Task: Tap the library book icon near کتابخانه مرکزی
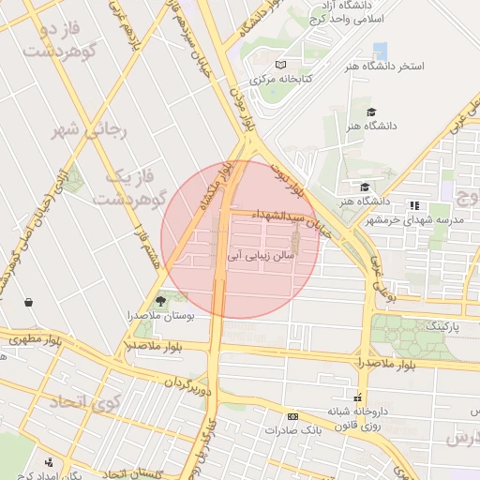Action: pos(280,65)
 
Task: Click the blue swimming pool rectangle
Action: pos(380,51)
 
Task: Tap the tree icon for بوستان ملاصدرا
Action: pos(160,301)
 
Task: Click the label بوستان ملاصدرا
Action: pos(161,317)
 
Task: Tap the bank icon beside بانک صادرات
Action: pos(293,415)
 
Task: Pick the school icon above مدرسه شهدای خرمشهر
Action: pos(413,205)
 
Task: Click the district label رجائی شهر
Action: pos(88,130)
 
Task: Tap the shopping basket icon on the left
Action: pos(29,302)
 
